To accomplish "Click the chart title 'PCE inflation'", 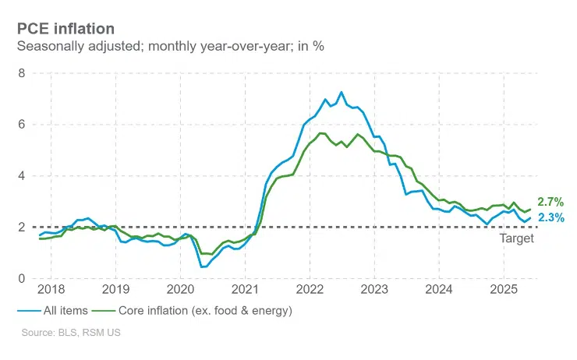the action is [x=65, y=29].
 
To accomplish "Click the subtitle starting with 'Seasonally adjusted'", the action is [x=171, y=46].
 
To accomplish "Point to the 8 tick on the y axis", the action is [x=22, y=73].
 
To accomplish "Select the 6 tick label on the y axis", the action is [x=22, y=125].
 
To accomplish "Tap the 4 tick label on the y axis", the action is [x=22, y=176].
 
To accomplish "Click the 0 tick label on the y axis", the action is [x=22, y=278].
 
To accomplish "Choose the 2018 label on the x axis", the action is [x=51, y=289].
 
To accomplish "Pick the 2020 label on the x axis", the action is [x=180, y=289].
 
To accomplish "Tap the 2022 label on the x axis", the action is [x=310, y=289].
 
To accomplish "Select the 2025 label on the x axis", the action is [x=504, y=289].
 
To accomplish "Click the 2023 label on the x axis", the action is [x=374, y=289].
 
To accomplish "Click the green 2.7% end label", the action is [x=550, y=202].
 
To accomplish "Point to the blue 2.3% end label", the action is [x=551, y=217].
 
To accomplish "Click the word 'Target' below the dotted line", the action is [x=517, y=238].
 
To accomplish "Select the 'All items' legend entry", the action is [x=52, y=311].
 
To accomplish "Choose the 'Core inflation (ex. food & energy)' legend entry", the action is [x=192, y=311].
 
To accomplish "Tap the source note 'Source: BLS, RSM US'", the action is [x=71, y=333].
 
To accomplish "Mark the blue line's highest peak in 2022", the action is [x=342, y=92].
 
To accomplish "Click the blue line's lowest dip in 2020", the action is [x=202, y=266].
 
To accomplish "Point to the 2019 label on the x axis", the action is [x=116, y=289].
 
